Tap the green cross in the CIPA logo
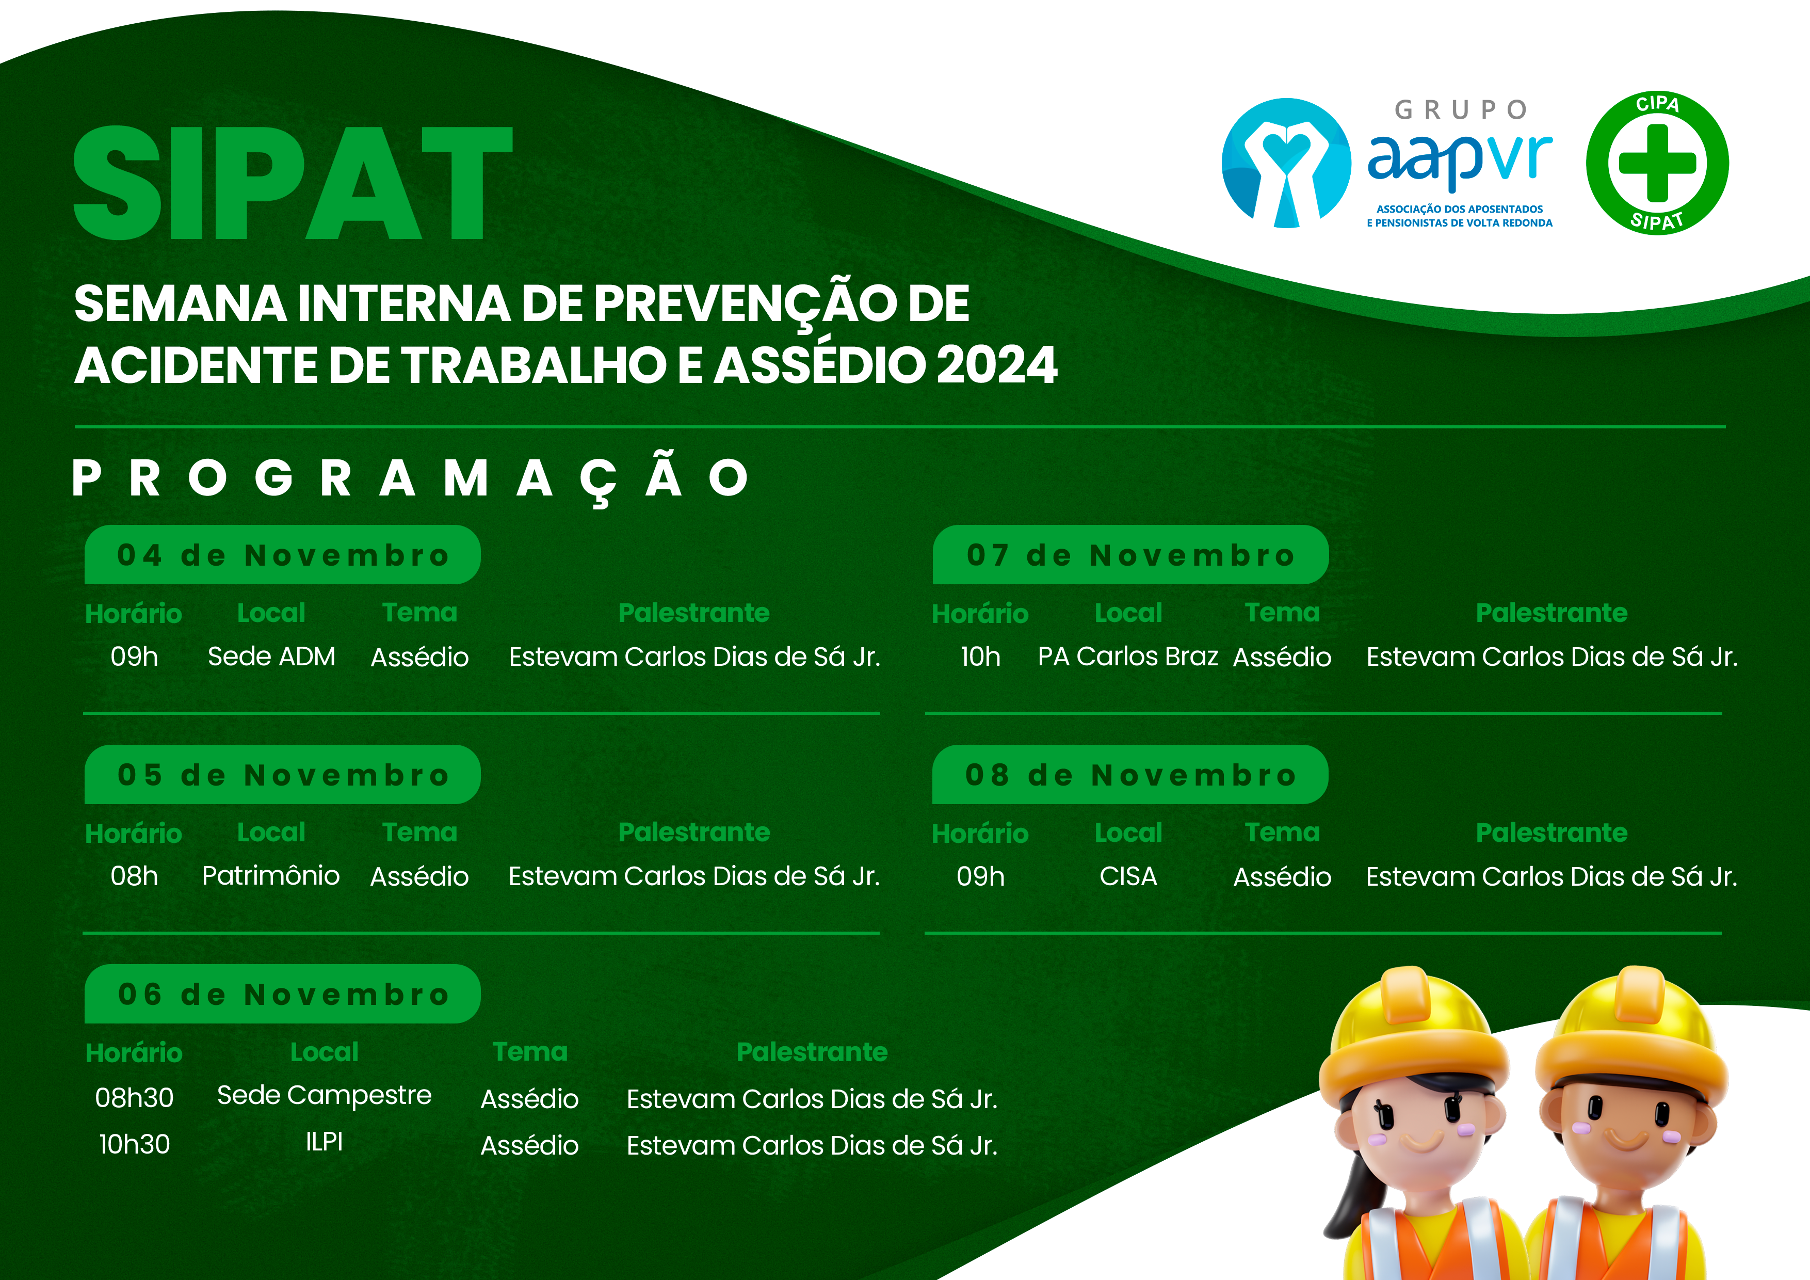pyautogui.click(x=1657, y=163)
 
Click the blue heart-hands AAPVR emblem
pyautogui.click(x=1286, y=163)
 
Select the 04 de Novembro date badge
pyautogui.click(x=282, y=555)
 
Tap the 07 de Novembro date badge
pyautogui.click(x=1130, y=555)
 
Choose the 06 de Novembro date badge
pyautogui.click(x=282, y=995)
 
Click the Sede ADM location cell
pyautogui.click(x=271, y=656)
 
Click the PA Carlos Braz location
pyautogui.click(x=1128, y=656)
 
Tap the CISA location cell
pyautogui.click(x=1128, y=876)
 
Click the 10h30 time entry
pyautogui.click(x=134, y=1144)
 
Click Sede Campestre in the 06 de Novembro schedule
pyautogui.click(x=324, y=1095)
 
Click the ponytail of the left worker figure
pyautogui.click(x=1344, y=1199)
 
